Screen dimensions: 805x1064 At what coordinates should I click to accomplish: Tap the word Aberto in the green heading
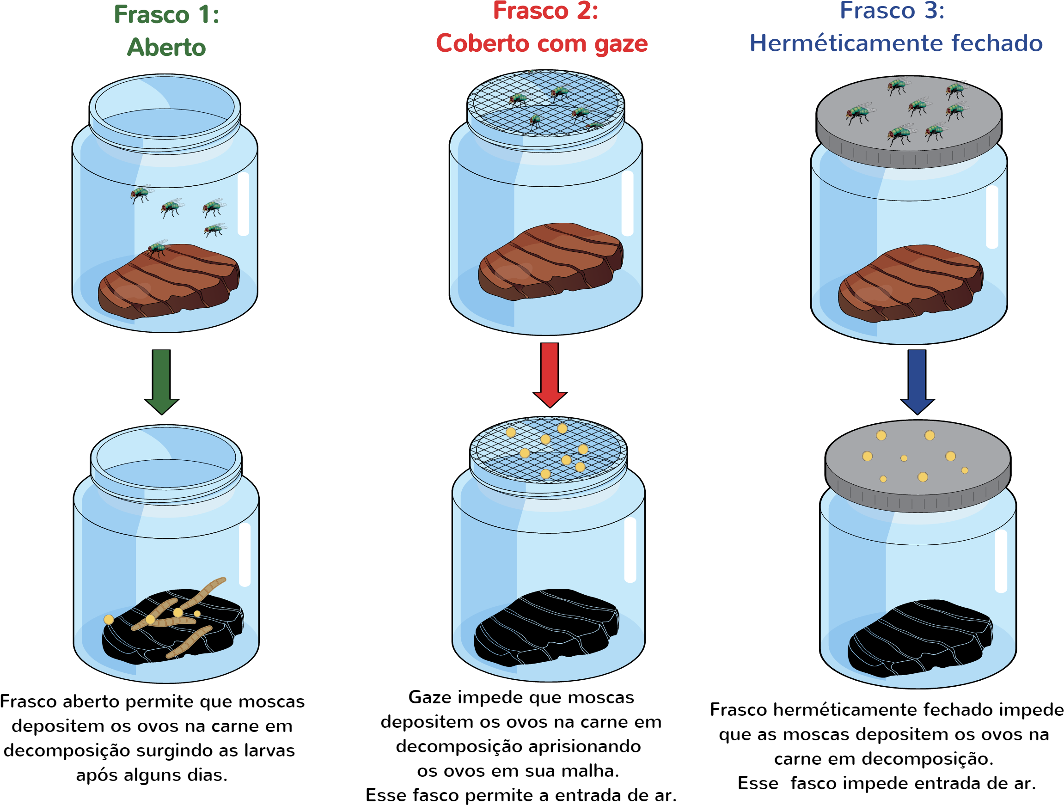166,48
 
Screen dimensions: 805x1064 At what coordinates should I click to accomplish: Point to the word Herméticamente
847,43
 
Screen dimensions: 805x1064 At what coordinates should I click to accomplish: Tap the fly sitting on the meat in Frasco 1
157,248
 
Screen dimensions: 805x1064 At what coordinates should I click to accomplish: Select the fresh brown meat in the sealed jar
910,284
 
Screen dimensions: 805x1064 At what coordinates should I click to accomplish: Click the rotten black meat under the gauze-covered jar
546,628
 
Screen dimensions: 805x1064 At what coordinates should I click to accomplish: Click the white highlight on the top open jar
244,204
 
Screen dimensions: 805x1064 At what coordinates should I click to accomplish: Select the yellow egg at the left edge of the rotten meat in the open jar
109,619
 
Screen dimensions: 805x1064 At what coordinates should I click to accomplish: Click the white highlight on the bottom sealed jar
1001,561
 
